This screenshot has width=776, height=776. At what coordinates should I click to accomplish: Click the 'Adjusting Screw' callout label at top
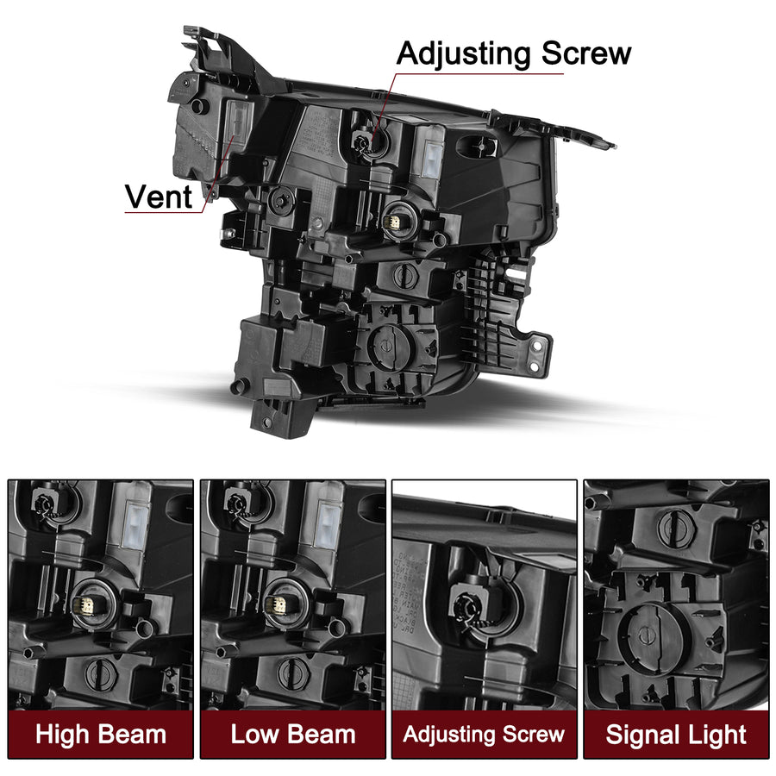click(514, 53)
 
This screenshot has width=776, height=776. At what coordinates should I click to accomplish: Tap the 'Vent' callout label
click(159, 197)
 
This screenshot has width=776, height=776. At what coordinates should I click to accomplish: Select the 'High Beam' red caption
click(101, 735)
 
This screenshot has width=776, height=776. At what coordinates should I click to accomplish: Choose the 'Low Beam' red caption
click(293, 735)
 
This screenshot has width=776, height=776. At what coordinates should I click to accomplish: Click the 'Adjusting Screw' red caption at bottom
click(485, 735)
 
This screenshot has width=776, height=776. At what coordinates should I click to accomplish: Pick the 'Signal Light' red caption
click(676, 735)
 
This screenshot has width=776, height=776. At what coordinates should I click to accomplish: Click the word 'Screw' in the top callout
click(586, 53)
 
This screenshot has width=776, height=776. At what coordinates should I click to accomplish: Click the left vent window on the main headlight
click(237, 125)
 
